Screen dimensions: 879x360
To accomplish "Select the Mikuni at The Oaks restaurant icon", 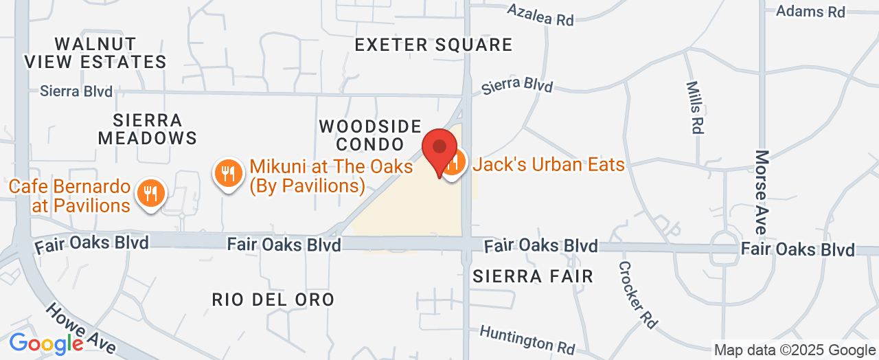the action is (227, 173).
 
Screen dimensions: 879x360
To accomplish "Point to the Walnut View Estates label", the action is (95, 53).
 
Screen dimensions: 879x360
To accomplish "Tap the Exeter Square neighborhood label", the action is (433, 45).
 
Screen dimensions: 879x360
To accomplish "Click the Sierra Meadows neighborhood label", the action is (148, 129).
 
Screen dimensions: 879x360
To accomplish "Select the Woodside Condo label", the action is (370, 135).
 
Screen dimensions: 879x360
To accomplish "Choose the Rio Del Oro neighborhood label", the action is (273, 300).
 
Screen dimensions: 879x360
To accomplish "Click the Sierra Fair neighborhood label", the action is (533, 276).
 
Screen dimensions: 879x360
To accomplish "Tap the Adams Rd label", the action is (810, 12).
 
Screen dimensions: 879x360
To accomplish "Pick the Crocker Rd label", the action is (637, 293).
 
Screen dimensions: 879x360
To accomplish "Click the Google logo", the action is (46, 343).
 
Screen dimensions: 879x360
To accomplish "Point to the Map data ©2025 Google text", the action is (795, 350).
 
